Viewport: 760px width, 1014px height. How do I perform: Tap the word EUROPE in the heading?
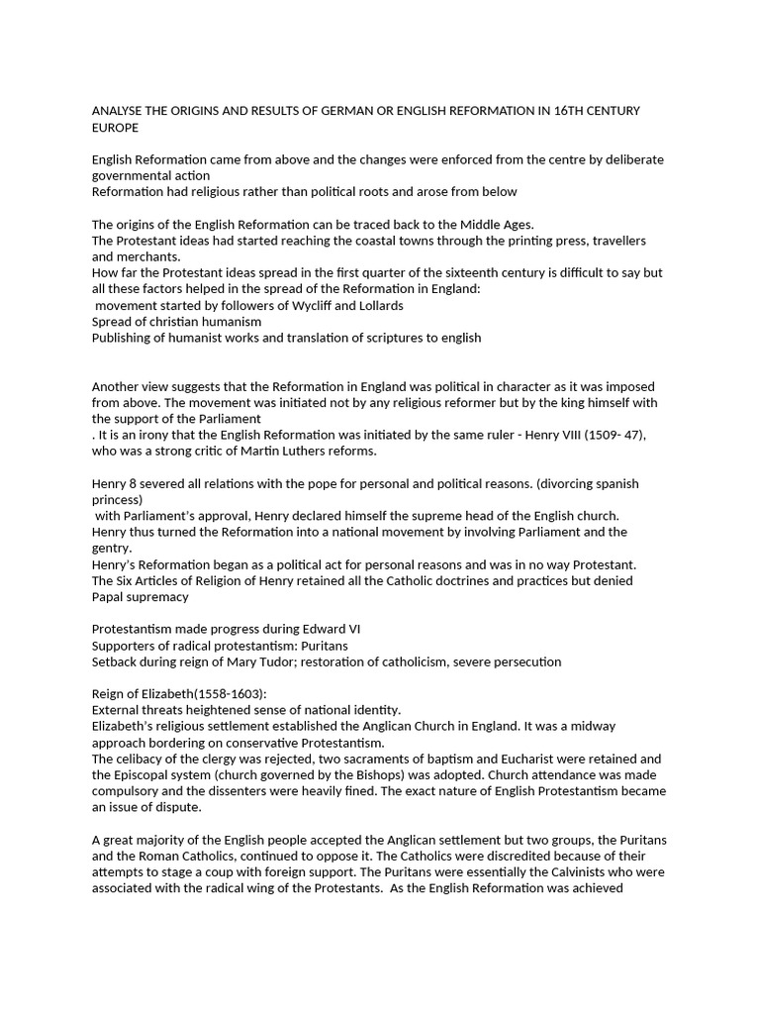click(x=116, y=128)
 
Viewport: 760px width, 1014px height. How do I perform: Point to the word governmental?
click(x=134, y=175)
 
